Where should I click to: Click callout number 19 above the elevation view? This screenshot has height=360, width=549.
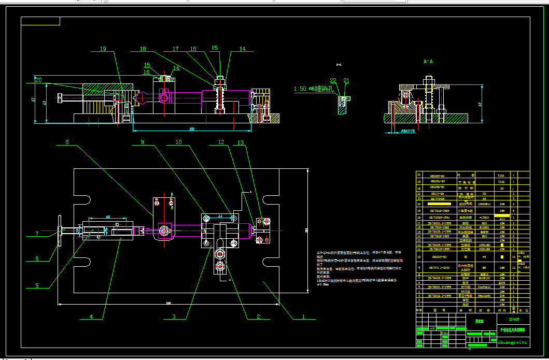tap(103, 49)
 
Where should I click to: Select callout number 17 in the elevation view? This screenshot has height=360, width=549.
tap(176, 49)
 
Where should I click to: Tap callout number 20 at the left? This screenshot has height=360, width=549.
tap(38, 80)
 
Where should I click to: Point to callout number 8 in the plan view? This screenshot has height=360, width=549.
tap(67, 142)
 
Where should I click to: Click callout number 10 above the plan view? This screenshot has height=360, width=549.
tap(178, 142)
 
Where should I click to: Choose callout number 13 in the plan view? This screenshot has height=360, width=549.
tap(240, 142)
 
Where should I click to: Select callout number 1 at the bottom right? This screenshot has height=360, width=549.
tap(304, 315)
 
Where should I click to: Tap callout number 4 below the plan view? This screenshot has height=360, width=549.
tap(91, 316)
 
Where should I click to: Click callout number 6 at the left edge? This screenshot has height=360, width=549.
tap(36, 259)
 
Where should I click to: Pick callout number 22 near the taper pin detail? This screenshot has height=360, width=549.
tap(333, 81)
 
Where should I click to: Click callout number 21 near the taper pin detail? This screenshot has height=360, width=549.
tap(346, 81)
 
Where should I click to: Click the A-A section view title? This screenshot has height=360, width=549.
tap(428, 61)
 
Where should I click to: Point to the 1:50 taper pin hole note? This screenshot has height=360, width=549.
tap(311, 89)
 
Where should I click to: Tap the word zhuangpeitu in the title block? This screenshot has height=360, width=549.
tap(512, 342)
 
